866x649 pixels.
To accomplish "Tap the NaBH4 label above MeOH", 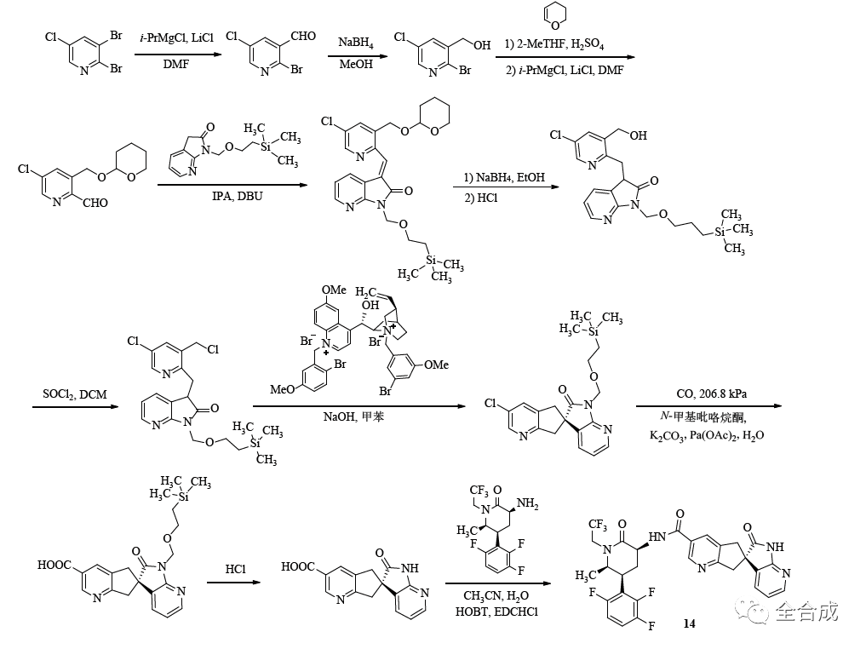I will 354,43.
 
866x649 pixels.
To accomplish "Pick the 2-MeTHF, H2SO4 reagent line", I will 560,43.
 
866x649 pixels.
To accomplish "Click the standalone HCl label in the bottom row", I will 236,567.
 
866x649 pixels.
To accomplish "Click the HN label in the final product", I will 657,537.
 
